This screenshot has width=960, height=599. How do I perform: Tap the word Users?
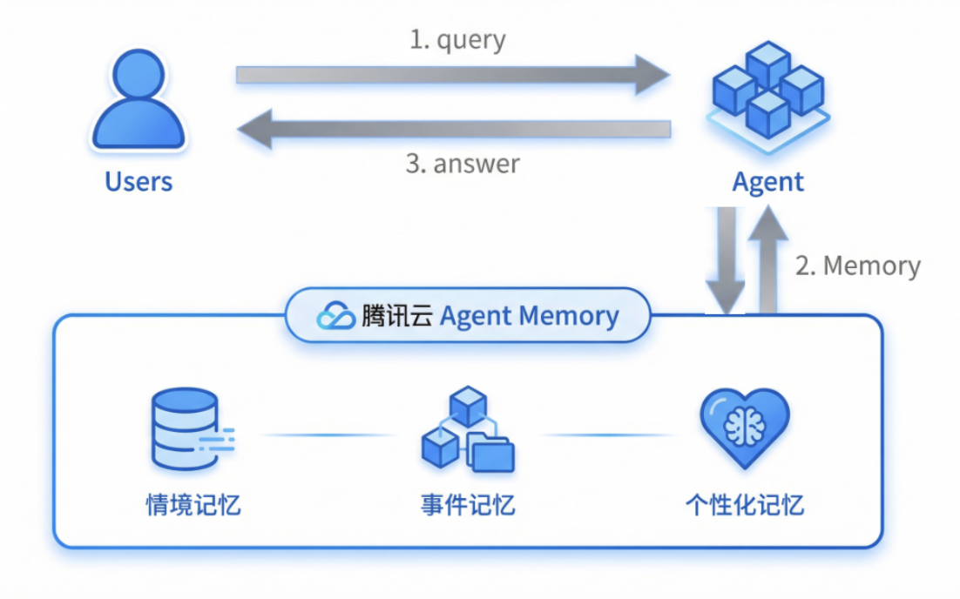tap(139, 182)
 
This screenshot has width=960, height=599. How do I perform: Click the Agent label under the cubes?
tap(767, 182)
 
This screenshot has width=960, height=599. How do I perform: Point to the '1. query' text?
tap(457, 39)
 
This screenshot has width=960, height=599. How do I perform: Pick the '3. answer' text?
tap(463, 163)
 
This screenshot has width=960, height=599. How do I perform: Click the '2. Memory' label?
tap(858, 266)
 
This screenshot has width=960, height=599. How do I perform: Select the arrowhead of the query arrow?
tap(652, 74)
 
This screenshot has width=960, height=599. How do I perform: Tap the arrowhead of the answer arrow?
tap(255, 130)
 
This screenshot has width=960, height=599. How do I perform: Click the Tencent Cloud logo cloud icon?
tap(335, 316)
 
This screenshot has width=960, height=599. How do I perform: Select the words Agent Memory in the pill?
tap(529, 316)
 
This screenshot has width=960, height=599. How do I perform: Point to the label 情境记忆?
tap(193, 505)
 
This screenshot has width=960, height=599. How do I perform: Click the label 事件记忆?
tap(468, 505)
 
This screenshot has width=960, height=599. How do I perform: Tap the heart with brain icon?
tap(744, 427)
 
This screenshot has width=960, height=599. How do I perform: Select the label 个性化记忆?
tap(744, 505)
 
